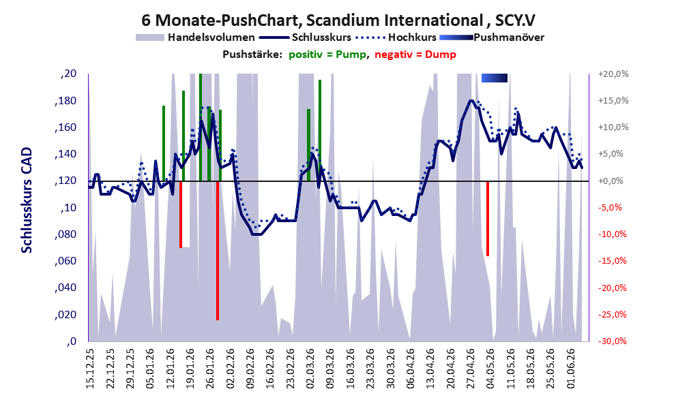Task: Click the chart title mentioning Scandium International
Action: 338,20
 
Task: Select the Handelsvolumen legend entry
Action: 195,37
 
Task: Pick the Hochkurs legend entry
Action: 396,37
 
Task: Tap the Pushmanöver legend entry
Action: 492,37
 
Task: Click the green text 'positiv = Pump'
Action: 327,55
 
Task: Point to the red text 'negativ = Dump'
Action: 415,55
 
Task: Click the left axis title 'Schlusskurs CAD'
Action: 27,200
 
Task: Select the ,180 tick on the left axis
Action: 65,101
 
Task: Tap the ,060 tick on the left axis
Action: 65,261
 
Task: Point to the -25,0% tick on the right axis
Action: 613,314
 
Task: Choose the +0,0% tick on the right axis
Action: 611,181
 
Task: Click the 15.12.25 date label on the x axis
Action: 90,368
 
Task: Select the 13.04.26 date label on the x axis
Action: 430,368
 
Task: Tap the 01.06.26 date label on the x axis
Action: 571,368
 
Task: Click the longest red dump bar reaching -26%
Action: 218,251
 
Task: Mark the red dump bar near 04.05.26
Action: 488,219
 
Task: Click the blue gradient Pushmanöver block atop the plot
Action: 495,78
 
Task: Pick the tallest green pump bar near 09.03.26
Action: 320,130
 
